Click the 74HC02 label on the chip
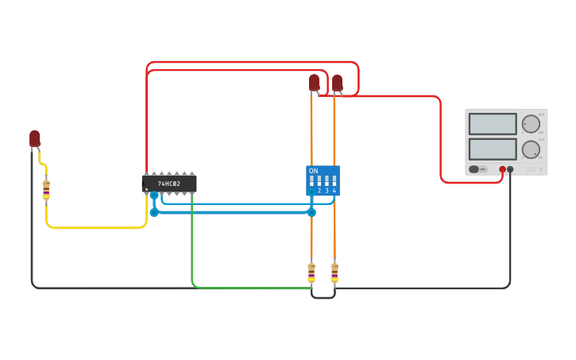[168, 184]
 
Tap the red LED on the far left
[35, 138]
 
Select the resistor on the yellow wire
[46, 189]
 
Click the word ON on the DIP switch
[313, 171]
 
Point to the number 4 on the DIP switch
[334, 191]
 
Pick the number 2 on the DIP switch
[319, 191]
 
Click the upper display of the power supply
[493, 124]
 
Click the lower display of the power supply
[493, 149]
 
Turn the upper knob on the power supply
[531, 124]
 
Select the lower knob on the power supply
[531, 149]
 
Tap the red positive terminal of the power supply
[502, 169]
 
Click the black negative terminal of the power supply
[510, 169]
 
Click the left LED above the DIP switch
[314, 82]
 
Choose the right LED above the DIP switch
[337, 82]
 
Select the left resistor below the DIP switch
[311, 273]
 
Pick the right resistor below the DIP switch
[334, 273]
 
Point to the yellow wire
[95, 227]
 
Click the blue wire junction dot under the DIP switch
[311, 212]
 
